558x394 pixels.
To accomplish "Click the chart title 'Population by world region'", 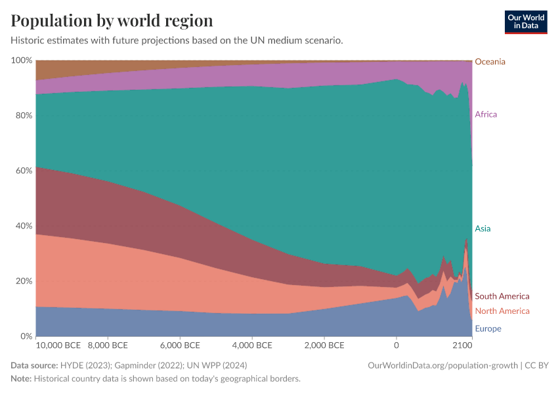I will pos(112,20).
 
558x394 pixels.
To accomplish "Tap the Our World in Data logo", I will pos(526,22).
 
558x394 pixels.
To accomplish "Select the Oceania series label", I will pos(490,62).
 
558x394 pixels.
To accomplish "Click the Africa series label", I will pos(486,114).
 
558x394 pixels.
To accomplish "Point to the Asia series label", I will pos(483,229).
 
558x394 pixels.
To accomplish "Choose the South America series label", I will pos(502,296).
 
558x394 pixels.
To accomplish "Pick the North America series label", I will pos(502,311).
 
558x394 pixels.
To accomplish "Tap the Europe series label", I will pos(488,328).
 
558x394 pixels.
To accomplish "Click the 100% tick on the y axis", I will pos(22,60).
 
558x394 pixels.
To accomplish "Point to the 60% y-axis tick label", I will pos(24,171).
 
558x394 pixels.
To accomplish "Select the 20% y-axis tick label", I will pos(24,281).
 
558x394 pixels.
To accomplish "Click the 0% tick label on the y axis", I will pos(26,336).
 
